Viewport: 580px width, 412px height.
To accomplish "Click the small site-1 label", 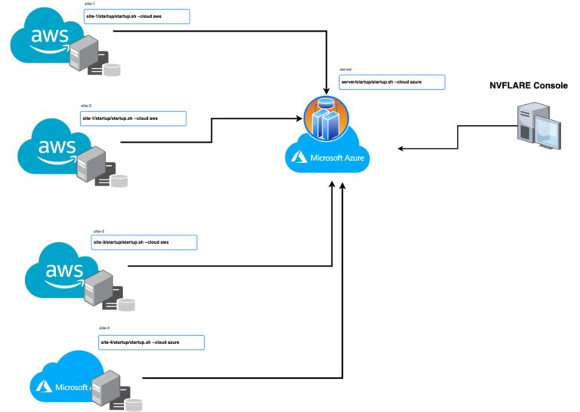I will click(90, 5).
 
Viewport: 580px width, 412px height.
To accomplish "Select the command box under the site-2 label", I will click(133, 118).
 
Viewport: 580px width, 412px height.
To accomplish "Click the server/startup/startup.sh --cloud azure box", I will click(391, 82).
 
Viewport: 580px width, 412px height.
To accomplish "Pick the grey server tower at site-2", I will click(89, 163).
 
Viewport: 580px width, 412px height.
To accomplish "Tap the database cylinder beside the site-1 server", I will click(112, 70).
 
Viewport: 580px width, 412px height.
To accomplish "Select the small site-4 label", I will click(104, 328).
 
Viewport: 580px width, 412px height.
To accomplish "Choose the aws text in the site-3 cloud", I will click(63, 269).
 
